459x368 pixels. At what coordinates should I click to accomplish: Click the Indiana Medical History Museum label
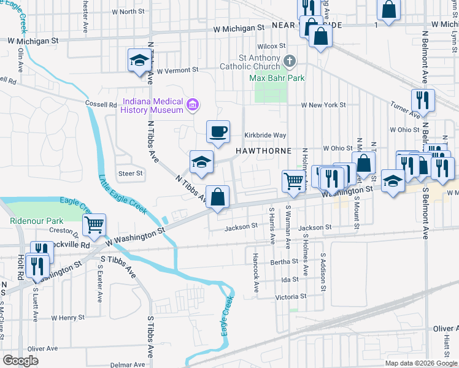click(x=153, y=105)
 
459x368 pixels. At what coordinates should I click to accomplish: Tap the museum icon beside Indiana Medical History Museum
click(x=193, y=105)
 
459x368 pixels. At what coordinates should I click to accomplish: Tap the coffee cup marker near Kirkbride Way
click(x=218, y=131)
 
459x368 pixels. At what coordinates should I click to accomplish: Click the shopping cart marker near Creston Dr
click(x=94, y=224)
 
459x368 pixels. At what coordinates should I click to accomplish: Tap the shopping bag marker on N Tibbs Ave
click(x=218, y=197)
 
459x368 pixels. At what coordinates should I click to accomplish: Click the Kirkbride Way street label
click(x=266, y=135)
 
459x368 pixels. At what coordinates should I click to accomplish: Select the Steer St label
click(x=130, y=174)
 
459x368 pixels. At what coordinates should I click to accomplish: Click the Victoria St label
click(x=291, y=297)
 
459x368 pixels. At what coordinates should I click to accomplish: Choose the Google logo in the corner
click(x=20, y=361)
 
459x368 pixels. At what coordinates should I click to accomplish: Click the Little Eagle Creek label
click(x=123, y=195)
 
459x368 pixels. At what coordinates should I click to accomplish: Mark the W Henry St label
click(x=67, y=318)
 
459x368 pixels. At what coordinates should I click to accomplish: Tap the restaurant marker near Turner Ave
click(x=423, y=99)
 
